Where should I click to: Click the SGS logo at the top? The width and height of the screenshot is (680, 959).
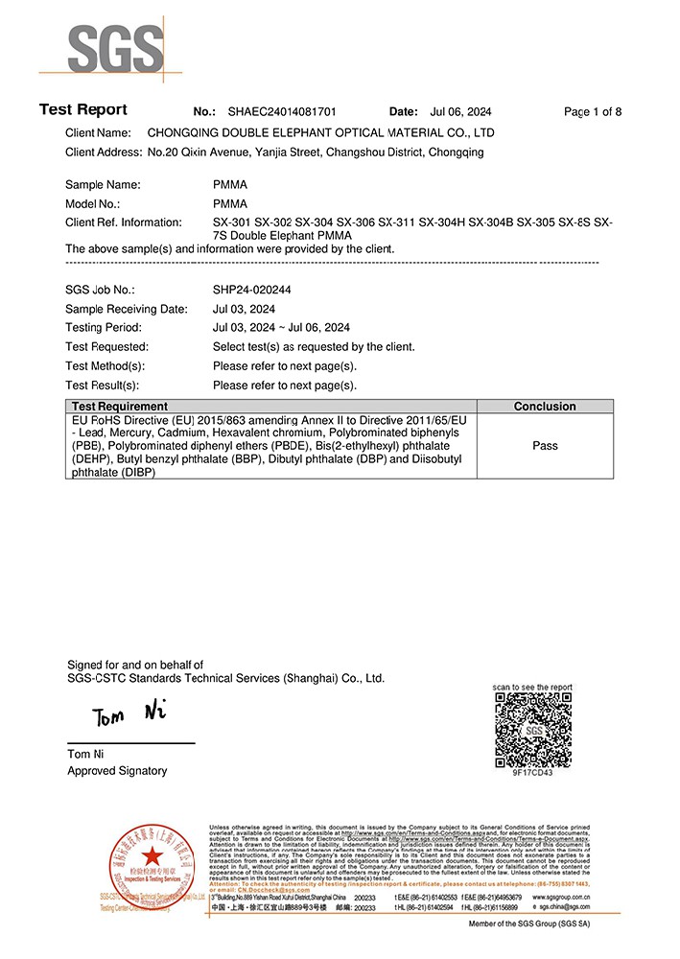click(101, 44)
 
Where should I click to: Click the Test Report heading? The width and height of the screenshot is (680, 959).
click(82, 110)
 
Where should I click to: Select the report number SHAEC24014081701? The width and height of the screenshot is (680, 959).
click(282, 112)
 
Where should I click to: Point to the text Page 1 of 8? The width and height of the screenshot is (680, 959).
click(592, 112)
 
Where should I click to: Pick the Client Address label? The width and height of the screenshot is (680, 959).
click(104, 152)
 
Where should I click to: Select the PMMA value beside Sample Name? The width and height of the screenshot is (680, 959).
click(230, 184)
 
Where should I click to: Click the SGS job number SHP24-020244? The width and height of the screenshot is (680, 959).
click(252, 290)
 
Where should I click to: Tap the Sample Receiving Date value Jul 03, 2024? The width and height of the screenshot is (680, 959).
click(244, 309)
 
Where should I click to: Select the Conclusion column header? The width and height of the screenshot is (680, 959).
click(545, 407)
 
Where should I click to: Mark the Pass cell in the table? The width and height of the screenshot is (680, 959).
click(545, 446)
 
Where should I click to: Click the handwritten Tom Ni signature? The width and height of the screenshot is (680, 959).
click(129, 714)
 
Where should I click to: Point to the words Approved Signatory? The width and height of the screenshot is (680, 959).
click(117, 771)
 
